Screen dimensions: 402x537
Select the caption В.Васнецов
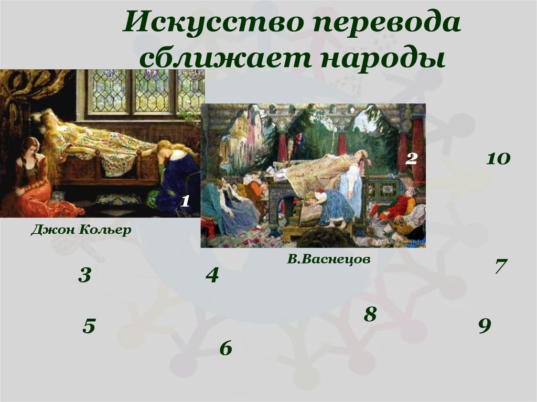tap(328, 259)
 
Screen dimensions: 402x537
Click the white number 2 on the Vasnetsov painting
tap(412, 159)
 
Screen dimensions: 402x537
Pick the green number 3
tap(85, 275)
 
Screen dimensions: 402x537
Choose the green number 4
tap(212, 275)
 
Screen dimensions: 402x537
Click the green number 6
tap(225, 347)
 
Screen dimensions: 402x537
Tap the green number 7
tap(500, 266)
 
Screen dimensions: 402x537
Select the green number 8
tap(370, 314)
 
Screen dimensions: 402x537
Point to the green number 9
tap(484, 326)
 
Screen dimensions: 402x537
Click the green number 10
tap(498, 159)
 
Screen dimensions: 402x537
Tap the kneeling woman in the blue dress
tap(177, 178)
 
